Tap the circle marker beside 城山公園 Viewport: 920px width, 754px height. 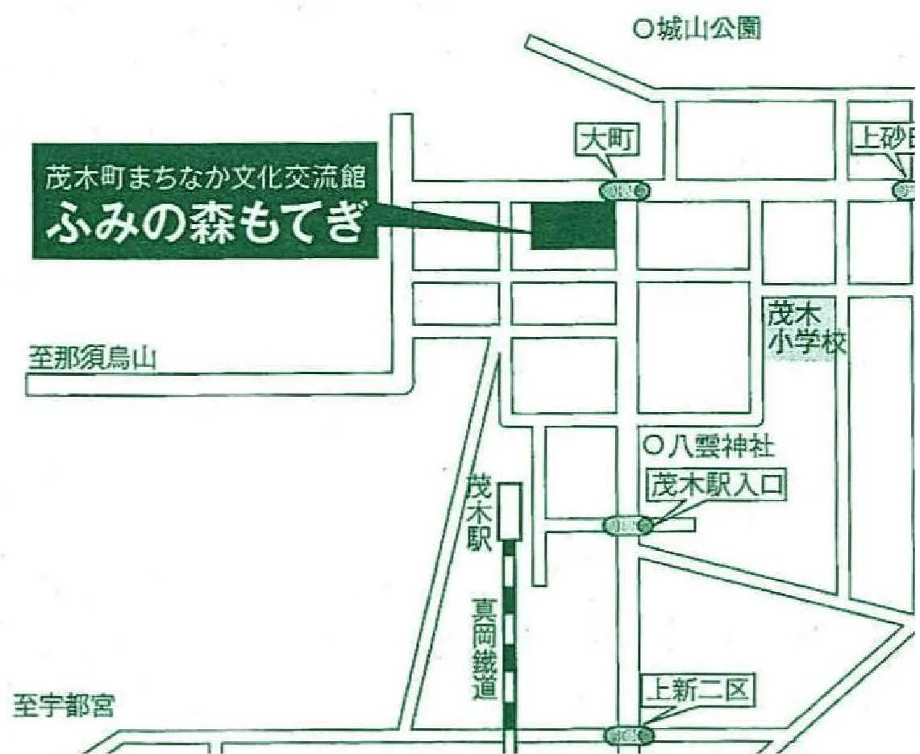pyautogui.click(x=643, y=30)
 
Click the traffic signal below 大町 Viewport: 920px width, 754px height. pyautogui.click(x=625, y=191)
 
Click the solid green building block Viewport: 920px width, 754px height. pyautogui.click(x=572, y=225)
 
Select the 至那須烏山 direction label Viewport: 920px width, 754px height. pyautogui.click(x=90, y=358)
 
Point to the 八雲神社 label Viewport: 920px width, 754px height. pyautogui.click(x=720, y=444)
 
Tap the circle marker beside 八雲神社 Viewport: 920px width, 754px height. pyautogui.click(x=653, y=444)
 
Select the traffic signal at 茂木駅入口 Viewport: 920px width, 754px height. pyautogui.click(x=628, y=526)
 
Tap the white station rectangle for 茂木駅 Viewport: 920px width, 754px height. pyautogui.click(x=510, y=510)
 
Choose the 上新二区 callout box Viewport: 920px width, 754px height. pyautogui.click(x=698, y=691)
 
